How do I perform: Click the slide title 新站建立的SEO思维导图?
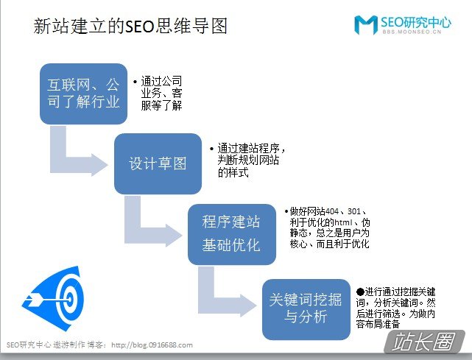click(130, 26)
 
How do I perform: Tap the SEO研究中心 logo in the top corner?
click(403, 25)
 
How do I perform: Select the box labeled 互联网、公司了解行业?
click(83, 93)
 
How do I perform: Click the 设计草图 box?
click(158, 163)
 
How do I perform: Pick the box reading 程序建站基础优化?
click(232, 234)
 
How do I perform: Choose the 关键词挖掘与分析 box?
click(306, 309)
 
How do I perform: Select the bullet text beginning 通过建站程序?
click(249, 160)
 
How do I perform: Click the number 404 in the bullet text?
click(332, 211)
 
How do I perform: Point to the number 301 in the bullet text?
click(354, 211)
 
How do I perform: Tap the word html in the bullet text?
click(343, 222)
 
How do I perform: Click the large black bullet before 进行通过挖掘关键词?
click(360, 292)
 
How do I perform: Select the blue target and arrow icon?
click(53, 299)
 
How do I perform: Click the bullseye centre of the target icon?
click(70, 299)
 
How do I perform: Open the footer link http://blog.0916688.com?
click(152, 345)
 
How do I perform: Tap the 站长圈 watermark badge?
click(425, 342)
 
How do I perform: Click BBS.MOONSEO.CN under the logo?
click(412, 32)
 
